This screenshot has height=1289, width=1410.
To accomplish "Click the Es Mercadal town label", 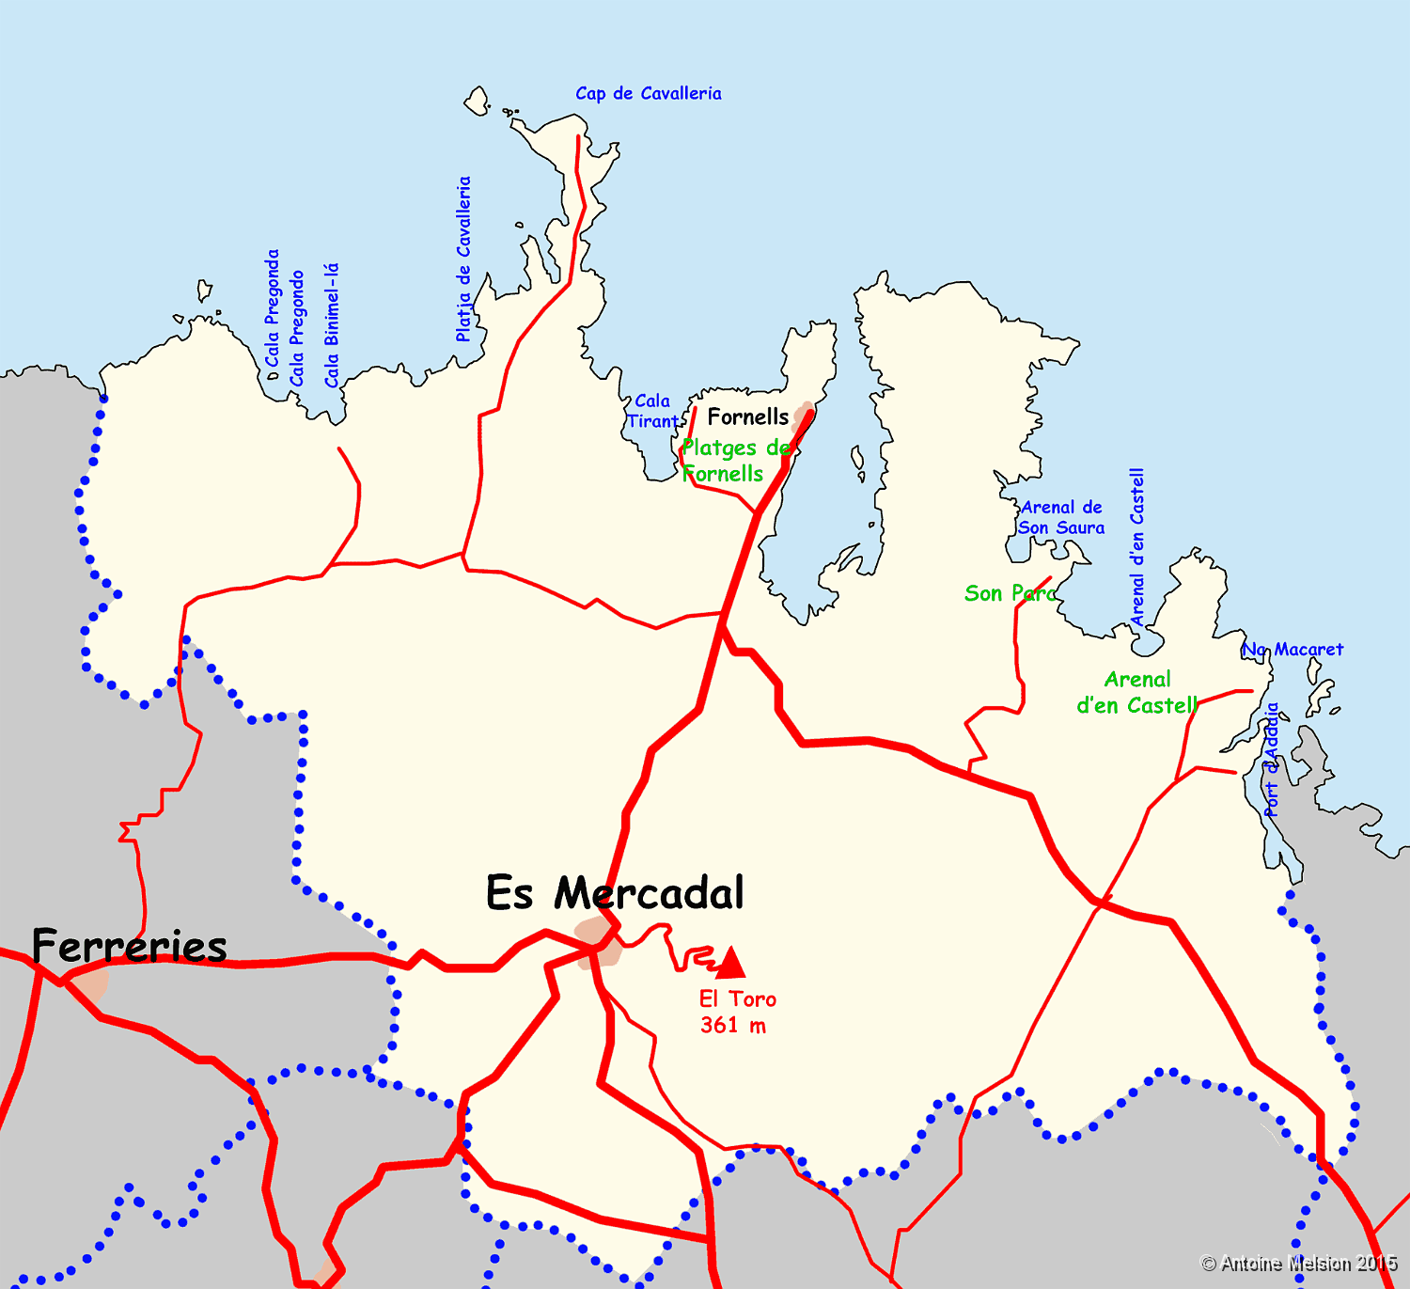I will click(615, 893).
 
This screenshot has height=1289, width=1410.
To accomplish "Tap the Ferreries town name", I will click(130, 946).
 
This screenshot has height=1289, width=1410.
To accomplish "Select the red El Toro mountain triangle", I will click(730, 963).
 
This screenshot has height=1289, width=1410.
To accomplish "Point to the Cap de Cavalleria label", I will click(649, 93).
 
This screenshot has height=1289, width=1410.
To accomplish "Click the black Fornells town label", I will click(748, 417).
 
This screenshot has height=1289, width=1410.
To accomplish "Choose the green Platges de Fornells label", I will click(734, 461).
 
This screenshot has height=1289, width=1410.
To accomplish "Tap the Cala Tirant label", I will click(652, 412).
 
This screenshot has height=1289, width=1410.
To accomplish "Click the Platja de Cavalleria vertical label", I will click(463, 259).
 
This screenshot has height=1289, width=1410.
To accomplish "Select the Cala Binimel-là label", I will click(331, 325).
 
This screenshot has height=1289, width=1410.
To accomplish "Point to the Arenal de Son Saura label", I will click(1061, 517).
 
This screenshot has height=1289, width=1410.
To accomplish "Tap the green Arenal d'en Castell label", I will click(1137, 692).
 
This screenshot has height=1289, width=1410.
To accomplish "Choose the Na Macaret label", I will click(1293, 650).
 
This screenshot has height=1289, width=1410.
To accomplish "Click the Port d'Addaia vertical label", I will click(1272, 759).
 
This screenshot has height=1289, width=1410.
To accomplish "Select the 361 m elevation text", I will click(733, 1026).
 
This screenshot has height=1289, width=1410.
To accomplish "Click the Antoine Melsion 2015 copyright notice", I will click(1299, 1264).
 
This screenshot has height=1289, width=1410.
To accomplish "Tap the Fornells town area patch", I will click(803, 416).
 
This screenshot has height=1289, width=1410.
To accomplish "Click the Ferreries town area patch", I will click(92, 984).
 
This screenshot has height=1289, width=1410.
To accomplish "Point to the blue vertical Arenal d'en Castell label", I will click(1137, 547).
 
